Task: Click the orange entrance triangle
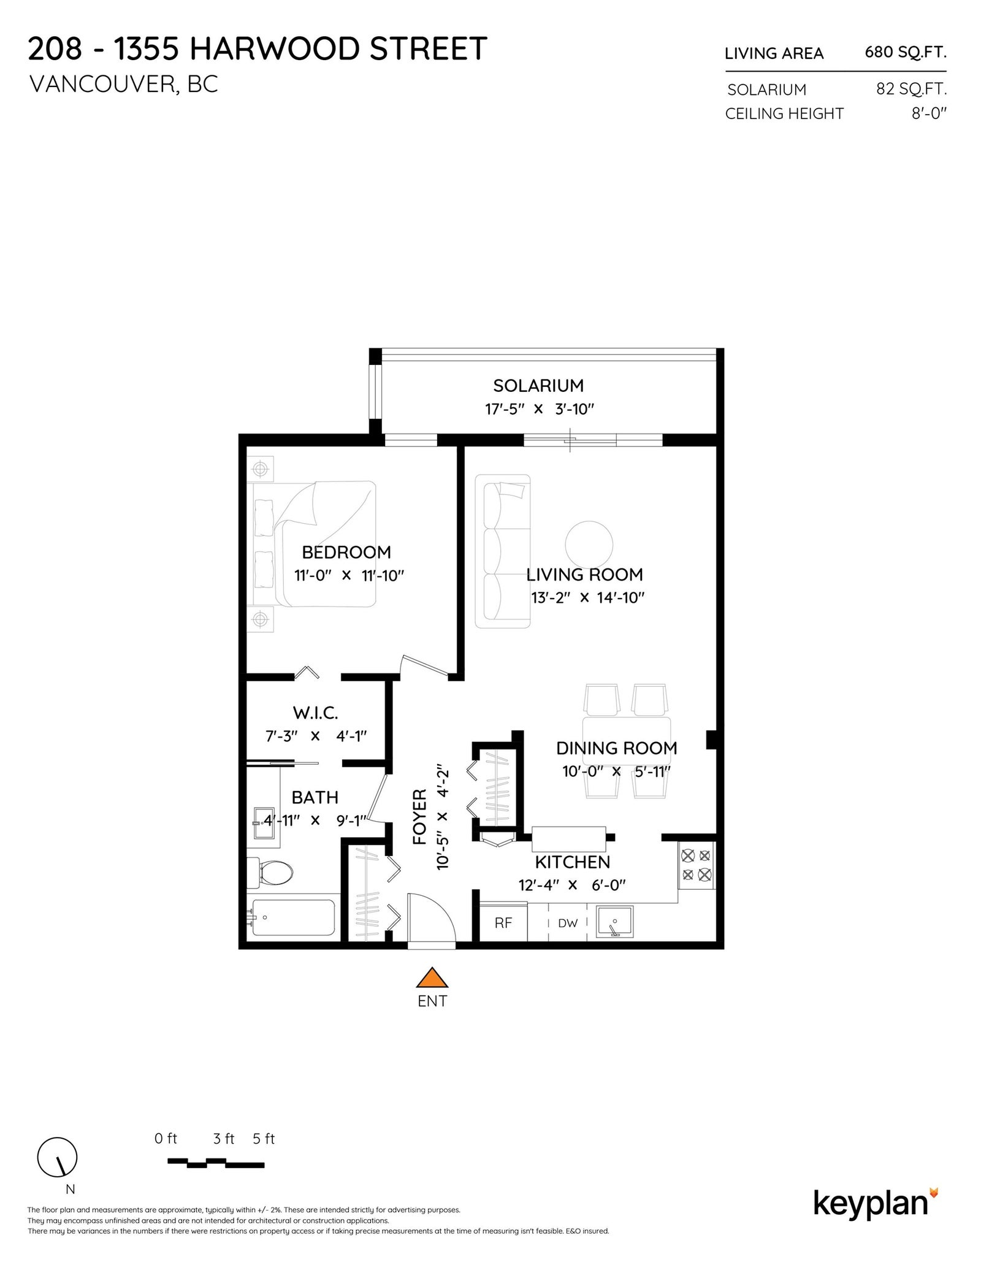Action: (x=433, y=977)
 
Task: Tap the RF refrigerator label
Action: (x=503, y=923)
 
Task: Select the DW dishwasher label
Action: (x=568, y=923)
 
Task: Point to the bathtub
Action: (x=293, y=917)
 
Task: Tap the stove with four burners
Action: (x=697, y=865)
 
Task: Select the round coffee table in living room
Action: (x=589, y=545)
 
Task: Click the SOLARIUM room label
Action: (x=538, y=386)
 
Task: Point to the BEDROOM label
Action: (x=346, y=553)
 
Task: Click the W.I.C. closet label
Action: (x=315, y=713)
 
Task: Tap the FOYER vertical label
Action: (x=420, y=816)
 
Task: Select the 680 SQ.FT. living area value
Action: (x=906, y=53)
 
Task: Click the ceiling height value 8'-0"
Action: (x=929, y=113)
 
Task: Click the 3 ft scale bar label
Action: (x=224, y=1139)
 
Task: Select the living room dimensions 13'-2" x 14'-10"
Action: (x=588, y=598)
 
